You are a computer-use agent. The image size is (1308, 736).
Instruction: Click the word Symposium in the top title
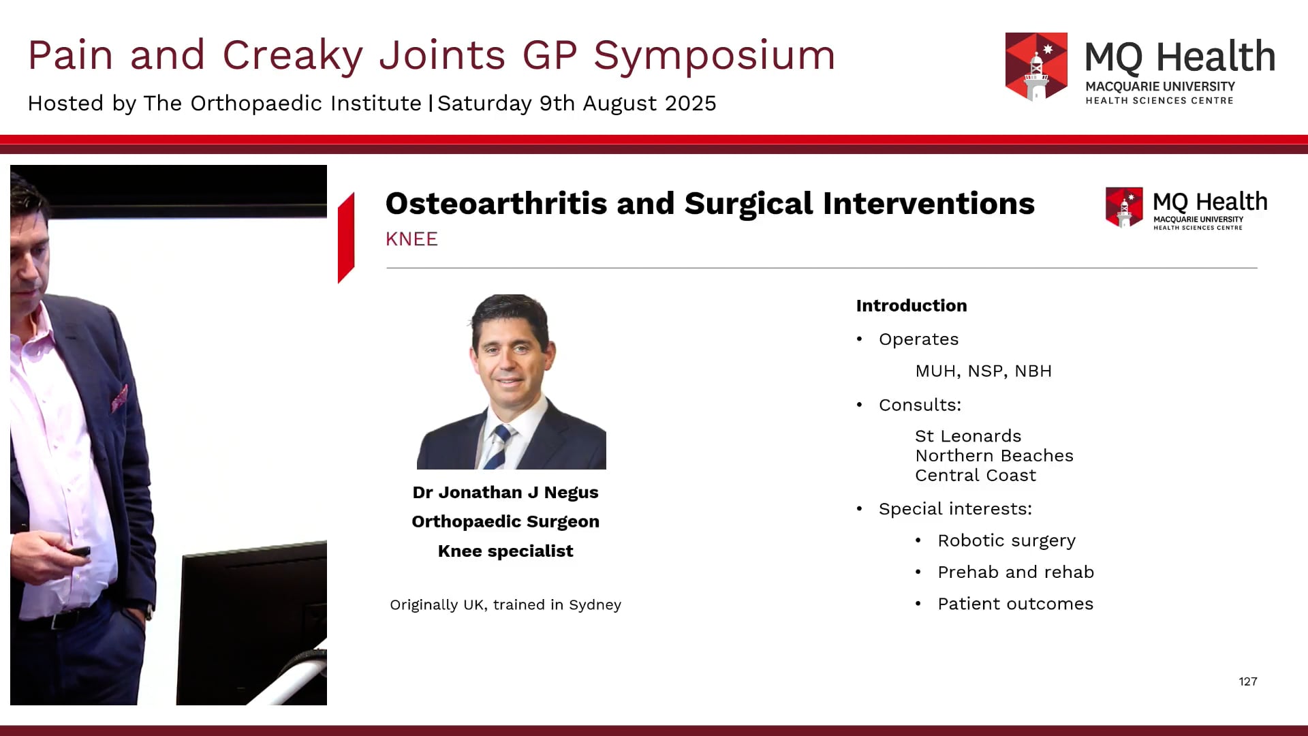[714, 56]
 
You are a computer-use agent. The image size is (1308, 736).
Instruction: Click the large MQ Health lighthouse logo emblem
[1036, 67]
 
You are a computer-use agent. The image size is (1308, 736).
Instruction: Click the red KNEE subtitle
[411, 239]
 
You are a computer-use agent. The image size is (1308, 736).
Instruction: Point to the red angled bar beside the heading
[346, 237]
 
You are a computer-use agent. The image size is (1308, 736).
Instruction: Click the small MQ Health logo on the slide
[1185, 209]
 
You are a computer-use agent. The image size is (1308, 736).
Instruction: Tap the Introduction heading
[911, 305]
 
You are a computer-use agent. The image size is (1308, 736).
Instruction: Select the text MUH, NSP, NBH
[983, 371]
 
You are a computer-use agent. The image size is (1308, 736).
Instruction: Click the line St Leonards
[967, 436]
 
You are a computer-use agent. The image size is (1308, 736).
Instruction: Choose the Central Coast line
[975, 476]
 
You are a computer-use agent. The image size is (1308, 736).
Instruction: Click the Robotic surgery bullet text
[1006, 540]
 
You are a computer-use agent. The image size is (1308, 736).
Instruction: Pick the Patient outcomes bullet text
[1015, 604]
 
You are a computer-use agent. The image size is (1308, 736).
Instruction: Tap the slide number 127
[1247, 681]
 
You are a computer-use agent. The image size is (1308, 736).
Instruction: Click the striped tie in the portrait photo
[499, 446]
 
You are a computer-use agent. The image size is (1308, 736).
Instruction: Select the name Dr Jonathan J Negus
[505, 493]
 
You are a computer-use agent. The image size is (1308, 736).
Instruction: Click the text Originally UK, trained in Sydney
[505, 605]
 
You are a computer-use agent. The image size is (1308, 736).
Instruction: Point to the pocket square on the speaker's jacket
[120, 399]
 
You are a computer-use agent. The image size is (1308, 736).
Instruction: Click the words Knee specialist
[505, 551]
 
